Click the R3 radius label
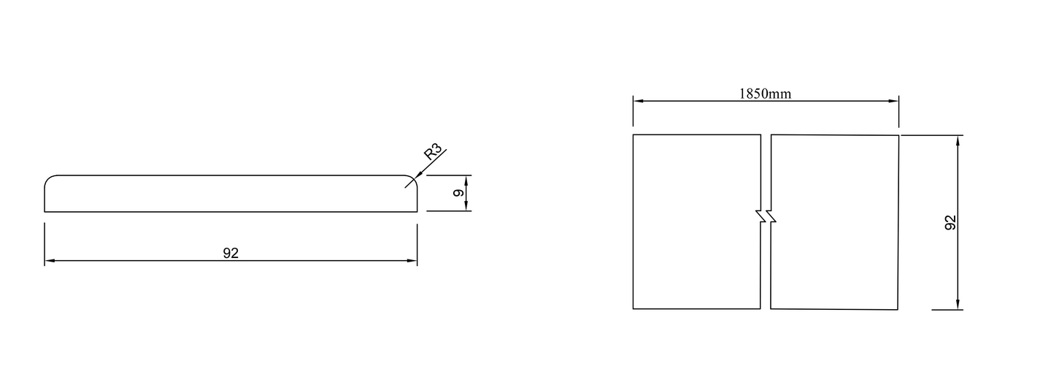coord(433,153)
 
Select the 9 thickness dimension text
coord(458,193)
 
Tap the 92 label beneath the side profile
coord(231,254)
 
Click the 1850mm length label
coord(765,94)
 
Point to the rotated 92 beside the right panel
coord(950,223)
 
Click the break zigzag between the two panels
coord(766,217)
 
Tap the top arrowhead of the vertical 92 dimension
coord(957,140)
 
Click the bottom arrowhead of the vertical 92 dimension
coord(957,305)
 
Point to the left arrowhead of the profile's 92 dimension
coord(49,260)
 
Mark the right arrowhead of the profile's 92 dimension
coord(413,260)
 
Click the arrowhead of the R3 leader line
coord(414,178)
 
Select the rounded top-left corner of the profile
coord(48,179)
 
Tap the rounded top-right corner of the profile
coord(414,179)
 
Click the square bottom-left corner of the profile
coord(45,211)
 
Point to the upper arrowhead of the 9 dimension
coord(466,179)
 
